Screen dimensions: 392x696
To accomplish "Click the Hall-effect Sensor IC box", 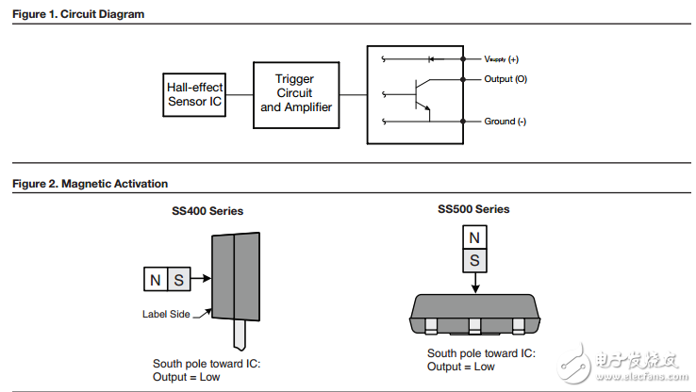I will pos(194,94).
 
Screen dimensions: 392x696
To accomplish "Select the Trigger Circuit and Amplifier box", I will pos(295,93).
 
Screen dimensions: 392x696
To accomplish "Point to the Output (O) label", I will pos(505,79).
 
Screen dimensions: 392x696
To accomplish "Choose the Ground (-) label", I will pos(505,122).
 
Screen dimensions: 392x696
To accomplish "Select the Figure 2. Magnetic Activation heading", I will pos(90,184).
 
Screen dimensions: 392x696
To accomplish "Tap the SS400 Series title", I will pos(200,211).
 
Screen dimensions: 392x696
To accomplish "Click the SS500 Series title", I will pos(473,209).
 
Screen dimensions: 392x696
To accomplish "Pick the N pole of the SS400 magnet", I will pos(155,279).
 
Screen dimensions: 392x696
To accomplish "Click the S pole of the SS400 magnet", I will pos(179,279).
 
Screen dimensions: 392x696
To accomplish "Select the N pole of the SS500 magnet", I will pos(476,237).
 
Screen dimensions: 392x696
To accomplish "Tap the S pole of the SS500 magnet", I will pos(476,259).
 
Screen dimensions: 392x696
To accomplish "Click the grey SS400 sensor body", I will pos(236,279).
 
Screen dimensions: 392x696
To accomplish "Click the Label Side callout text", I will pos(167,315).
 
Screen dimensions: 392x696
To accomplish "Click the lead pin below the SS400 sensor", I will pos(241,335).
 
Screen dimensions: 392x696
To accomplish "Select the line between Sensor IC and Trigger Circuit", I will pos(240,94).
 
